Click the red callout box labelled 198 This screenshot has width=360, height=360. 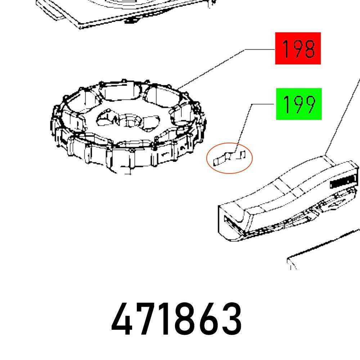pyautogui.click(x=298, y=48)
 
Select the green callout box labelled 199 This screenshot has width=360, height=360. pyautogui.click(x=298, y=104)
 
